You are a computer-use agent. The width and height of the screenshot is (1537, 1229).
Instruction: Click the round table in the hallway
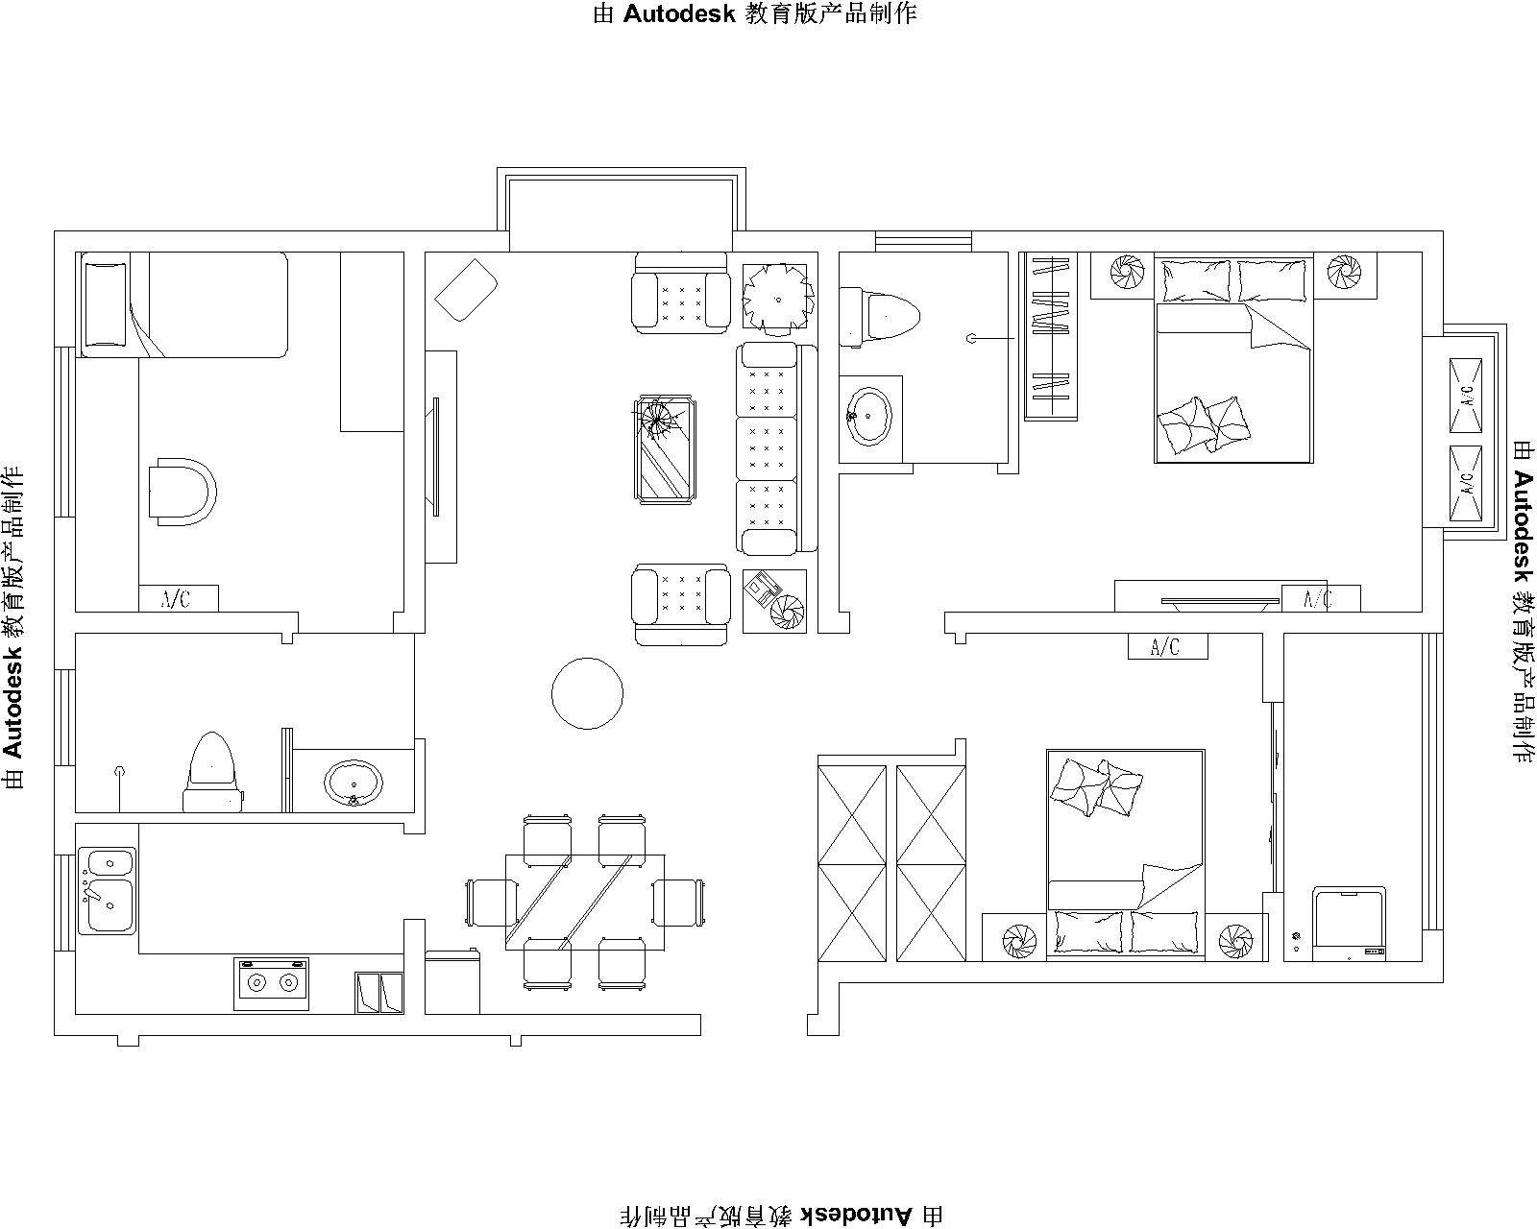(587, 693)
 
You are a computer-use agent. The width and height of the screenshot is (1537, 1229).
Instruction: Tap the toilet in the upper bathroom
(879, 317)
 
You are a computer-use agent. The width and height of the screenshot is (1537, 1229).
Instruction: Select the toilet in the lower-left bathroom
(212, 772)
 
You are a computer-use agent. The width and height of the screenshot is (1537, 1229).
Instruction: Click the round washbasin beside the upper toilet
(868, 417)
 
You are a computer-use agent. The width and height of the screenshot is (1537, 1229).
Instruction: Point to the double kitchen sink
(107, 890)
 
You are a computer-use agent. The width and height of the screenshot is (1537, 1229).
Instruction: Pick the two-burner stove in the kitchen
(272, 984)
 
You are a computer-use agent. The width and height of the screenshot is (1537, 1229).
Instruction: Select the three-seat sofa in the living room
(776, 448)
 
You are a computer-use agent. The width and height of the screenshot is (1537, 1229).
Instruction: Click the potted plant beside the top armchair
(778, 298)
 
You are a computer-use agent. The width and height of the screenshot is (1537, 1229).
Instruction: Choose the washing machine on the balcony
(1349, 924)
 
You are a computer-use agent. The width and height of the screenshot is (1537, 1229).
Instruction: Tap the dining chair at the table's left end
(491, 903)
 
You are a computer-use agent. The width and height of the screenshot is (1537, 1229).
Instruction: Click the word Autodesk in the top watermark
(679, 14)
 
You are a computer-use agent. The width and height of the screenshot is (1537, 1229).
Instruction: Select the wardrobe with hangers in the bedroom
(1051, 336)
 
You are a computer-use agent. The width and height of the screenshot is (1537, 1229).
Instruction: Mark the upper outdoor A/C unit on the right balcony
(1466, 395)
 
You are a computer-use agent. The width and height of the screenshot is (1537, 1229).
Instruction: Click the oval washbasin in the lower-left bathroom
(353, 783)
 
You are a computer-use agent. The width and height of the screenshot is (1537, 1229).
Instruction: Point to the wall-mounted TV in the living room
(436, 456)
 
